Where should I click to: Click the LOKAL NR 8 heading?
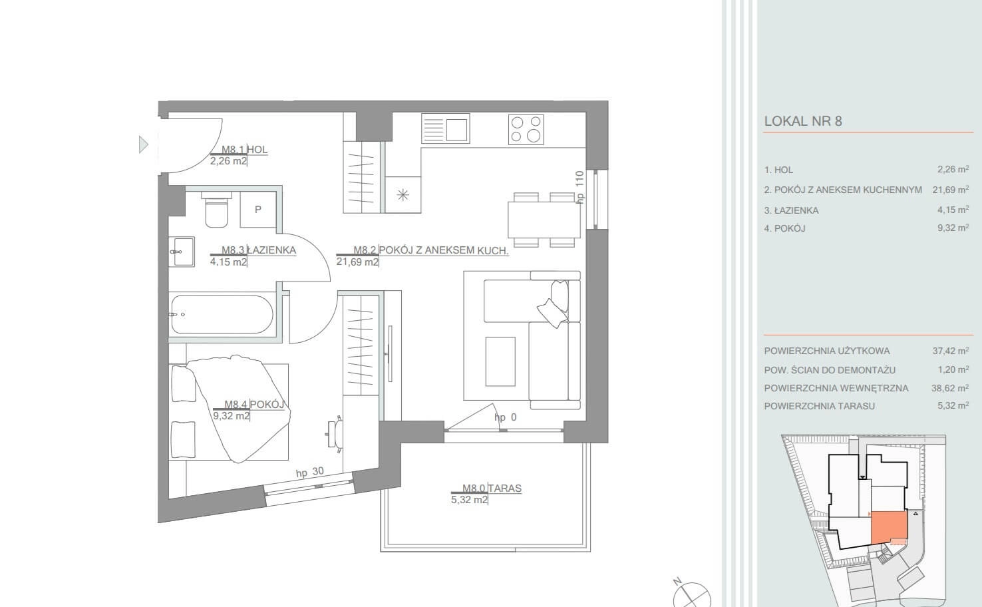click(803, 121)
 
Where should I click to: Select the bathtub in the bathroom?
click(222, 314)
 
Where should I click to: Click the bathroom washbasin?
click(184, 252)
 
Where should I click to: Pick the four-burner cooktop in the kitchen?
click(526, 129)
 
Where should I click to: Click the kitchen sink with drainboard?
click(445, 128)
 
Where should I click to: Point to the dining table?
click(544, 220)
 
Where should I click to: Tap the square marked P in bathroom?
click(258, 210)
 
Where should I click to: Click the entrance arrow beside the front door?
click(143, 144)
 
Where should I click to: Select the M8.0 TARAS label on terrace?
click(492, 488)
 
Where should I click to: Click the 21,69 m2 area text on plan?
click(357, 262)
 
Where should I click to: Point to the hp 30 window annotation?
click(310, 473)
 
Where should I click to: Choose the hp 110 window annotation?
click(579, 187)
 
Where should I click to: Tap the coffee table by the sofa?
click(500, 361)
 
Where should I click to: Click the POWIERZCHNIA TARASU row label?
click(820, 406)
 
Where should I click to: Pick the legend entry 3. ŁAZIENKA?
click(791, 210)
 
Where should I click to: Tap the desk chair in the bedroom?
click(335, 433)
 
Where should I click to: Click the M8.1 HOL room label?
click(244, 150)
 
